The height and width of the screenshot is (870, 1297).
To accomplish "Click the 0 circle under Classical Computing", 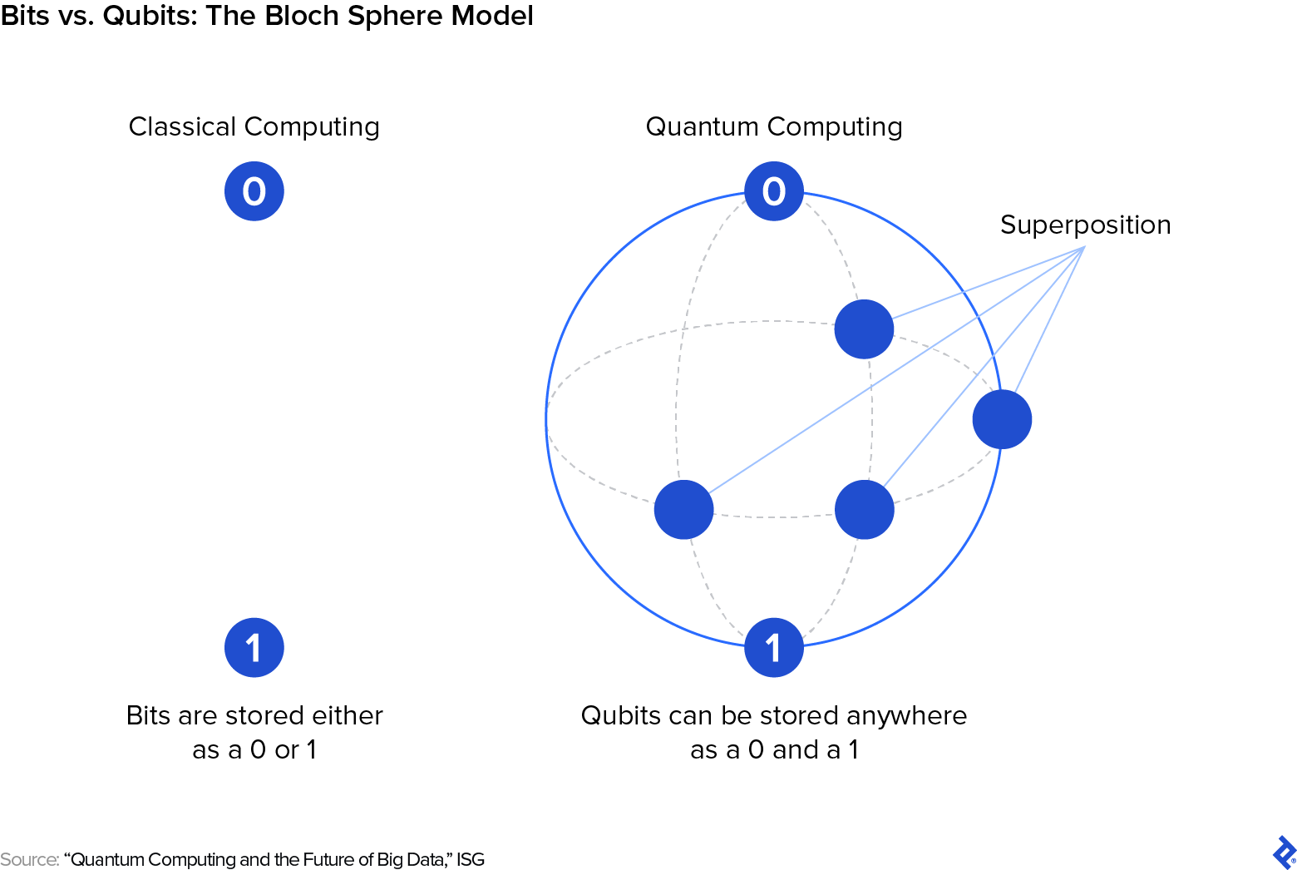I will tap(254, 191).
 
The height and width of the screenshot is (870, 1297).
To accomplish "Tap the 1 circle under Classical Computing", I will tap(254, 648).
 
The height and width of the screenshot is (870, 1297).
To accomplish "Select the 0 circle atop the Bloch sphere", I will tap(774, 191).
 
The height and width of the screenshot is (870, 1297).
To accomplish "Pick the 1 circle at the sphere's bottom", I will tap(774, 648).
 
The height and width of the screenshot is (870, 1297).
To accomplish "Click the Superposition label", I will tap(1085, 225).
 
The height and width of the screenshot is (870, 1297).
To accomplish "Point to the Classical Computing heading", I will tap(254, 126).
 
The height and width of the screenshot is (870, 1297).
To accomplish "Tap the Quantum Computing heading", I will tap(774, 126).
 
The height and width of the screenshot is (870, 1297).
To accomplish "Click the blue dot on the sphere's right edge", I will tap(1002, 420).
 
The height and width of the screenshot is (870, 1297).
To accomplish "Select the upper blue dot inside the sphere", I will tap(864, 329).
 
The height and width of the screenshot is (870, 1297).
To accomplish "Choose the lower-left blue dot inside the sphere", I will tap(683, 510).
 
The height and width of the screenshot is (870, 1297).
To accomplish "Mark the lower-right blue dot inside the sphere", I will tap(864, 510).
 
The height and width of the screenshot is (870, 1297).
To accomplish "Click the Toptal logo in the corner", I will tap(1284, 853).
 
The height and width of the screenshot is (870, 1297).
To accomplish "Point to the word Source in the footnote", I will tap(28, 859).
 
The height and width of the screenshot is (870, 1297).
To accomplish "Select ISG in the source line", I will tap(471, 859).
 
